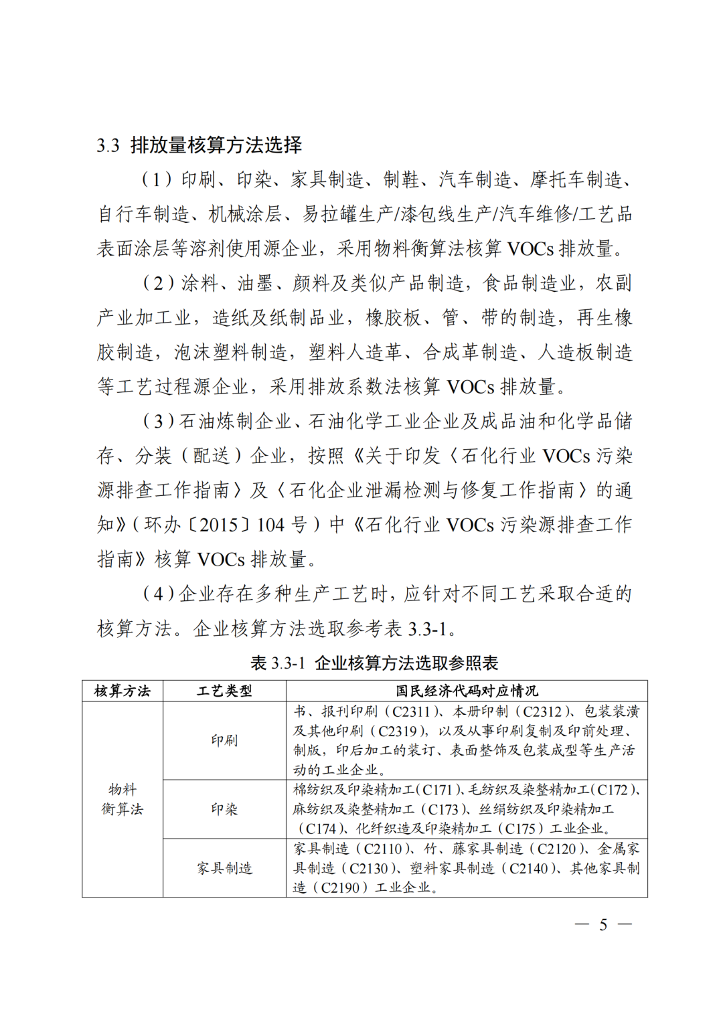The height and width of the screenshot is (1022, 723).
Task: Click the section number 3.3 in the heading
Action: click(x=108, y=145)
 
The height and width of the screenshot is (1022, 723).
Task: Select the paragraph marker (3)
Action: click(x=157, y=422)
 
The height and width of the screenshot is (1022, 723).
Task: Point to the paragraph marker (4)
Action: click(x=157, y=594)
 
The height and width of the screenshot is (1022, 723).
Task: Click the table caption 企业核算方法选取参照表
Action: click(x=406, y=663)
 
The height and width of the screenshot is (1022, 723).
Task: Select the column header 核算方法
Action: click(x=123, y=691)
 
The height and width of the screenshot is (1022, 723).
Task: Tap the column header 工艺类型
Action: click(x=224, y=691)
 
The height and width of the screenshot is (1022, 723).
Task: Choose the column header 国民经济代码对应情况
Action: click(x=467, y=691)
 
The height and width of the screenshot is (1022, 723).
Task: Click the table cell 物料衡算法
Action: click(x=123, y=799)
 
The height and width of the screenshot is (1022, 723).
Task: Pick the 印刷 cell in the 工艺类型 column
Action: click(x=224, y=740)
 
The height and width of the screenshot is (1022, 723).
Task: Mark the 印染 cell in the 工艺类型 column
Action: click(x=224, y=809)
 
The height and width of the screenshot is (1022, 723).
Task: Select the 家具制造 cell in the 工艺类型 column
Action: click(x=224, y=868)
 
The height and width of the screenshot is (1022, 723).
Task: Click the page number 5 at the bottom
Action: click(x=603, y=925)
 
